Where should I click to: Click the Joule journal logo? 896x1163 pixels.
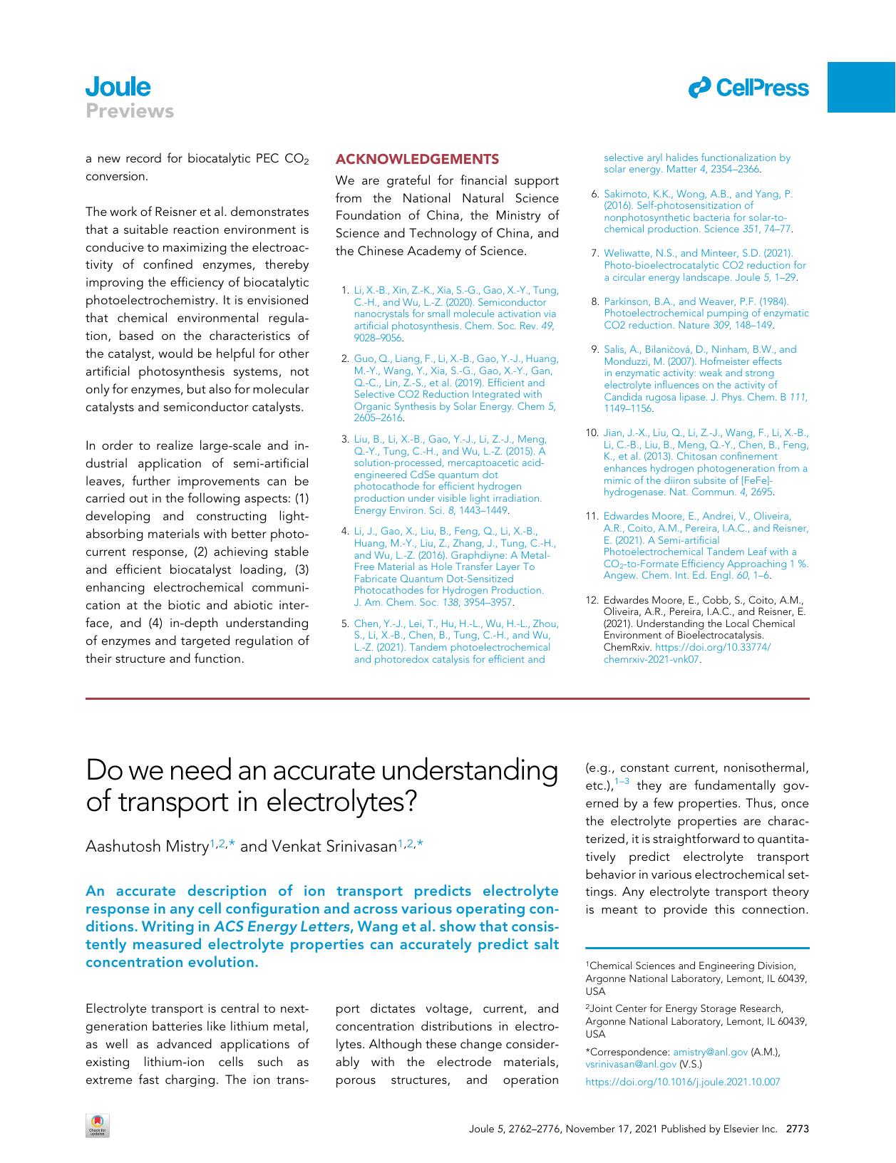click(x=118, y=87)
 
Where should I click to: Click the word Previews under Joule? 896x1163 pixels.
click(x=130, y=111)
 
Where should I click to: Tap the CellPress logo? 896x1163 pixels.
click(x=748, y=88)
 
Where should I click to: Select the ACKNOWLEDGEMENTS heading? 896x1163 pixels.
click(x=417, y=158)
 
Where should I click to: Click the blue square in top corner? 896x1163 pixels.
click(x=861, y=87)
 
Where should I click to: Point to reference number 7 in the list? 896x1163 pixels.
click(x=594, y=253)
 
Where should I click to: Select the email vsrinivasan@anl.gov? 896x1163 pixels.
click(x=630, y=1064)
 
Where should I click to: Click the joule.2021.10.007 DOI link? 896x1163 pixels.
click(x=682, y=1082)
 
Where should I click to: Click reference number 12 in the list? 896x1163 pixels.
click(x=592, y=600)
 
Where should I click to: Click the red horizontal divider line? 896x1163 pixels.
click(x=447, y=699)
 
